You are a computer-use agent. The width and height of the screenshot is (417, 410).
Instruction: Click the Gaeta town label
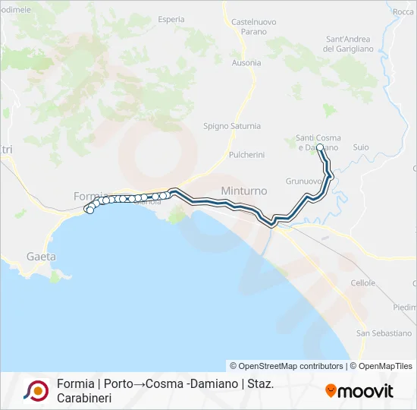coord(41,257)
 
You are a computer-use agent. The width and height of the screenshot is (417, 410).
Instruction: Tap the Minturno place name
coord(242,190)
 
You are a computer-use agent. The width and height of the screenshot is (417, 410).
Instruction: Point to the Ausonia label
coord(246,63)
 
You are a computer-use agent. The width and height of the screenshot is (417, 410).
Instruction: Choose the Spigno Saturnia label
coord(232,126)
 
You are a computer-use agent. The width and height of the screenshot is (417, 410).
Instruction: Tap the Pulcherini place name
coord(246,155)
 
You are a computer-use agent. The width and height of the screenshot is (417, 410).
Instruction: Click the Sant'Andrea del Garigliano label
coord(349,44)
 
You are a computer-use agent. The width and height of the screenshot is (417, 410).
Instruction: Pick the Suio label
coord(361,147)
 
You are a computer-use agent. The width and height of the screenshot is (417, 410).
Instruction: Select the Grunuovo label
coord(304,181)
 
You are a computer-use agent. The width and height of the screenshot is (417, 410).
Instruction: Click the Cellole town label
coord(363,283)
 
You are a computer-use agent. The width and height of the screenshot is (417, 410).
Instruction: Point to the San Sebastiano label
coord(384,333)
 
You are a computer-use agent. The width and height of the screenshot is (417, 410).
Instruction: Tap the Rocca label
coord(403,12)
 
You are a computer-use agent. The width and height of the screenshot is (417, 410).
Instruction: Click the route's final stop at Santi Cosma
coord(320,147)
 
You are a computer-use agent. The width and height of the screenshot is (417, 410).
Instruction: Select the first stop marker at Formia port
coord(89,210)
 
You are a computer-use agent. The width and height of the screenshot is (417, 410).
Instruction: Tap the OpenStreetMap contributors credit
coord(287,366)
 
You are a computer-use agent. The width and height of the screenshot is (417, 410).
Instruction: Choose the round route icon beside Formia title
coord(36,390)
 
